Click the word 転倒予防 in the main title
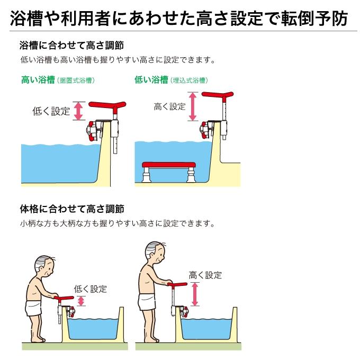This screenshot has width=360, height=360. (x=314, y=19)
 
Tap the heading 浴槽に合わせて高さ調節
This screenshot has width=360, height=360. (x=72, y=45)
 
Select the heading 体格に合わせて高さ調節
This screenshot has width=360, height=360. (x=72, y=209)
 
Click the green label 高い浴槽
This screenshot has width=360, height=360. (x=38, y=80)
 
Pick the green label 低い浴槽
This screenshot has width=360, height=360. (x=151, y=80)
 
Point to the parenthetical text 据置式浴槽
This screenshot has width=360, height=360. (x=76, y=80)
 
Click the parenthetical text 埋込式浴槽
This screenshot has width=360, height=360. (x=189, y=80)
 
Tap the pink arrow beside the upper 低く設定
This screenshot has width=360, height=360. (x=78, y=111)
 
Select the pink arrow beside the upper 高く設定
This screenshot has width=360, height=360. (x=192, y=106)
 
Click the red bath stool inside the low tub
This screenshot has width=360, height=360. (x=169, y=172)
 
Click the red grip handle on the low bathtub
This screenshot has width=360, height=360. (x=218, y=95)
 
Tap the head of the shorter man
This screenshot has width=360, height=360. (x=45, y=267)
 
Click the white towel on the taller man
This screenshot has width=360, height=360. (x=147, y=302)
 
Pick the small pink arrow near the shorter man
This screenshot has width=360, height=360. (x=81, y=301)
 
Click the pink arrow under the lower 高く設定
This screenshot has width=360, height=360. (x=195, y=294)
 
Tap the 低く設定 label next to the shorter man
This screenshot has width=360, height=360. (x=91, y=289)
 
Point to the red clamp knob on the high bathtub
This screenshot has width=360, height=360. (x=92, y=131)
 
